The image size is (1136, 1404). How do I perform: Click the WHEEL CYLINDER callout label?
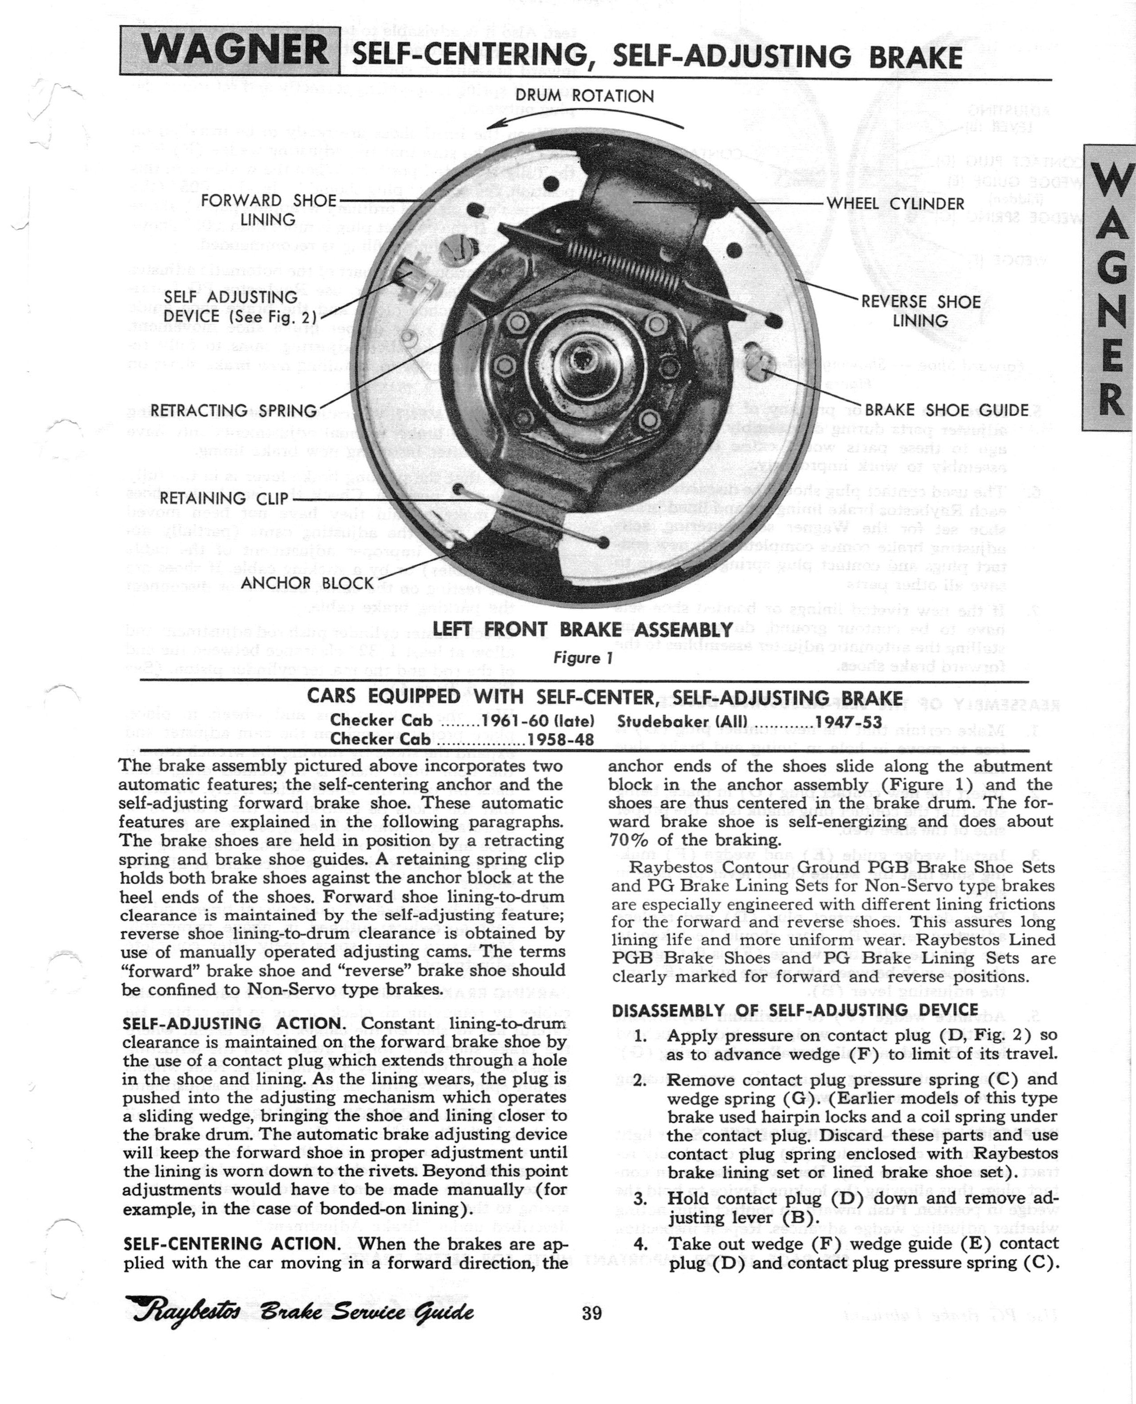tap(895, 204)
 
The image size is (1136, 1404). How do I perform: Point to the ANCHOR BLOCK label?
tap(307, 583)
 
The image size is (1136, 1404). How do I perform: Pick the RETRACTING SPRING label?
tap(233, 411)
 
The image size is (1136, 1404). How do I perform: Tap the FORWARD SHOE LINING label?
tap(268, 209)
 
